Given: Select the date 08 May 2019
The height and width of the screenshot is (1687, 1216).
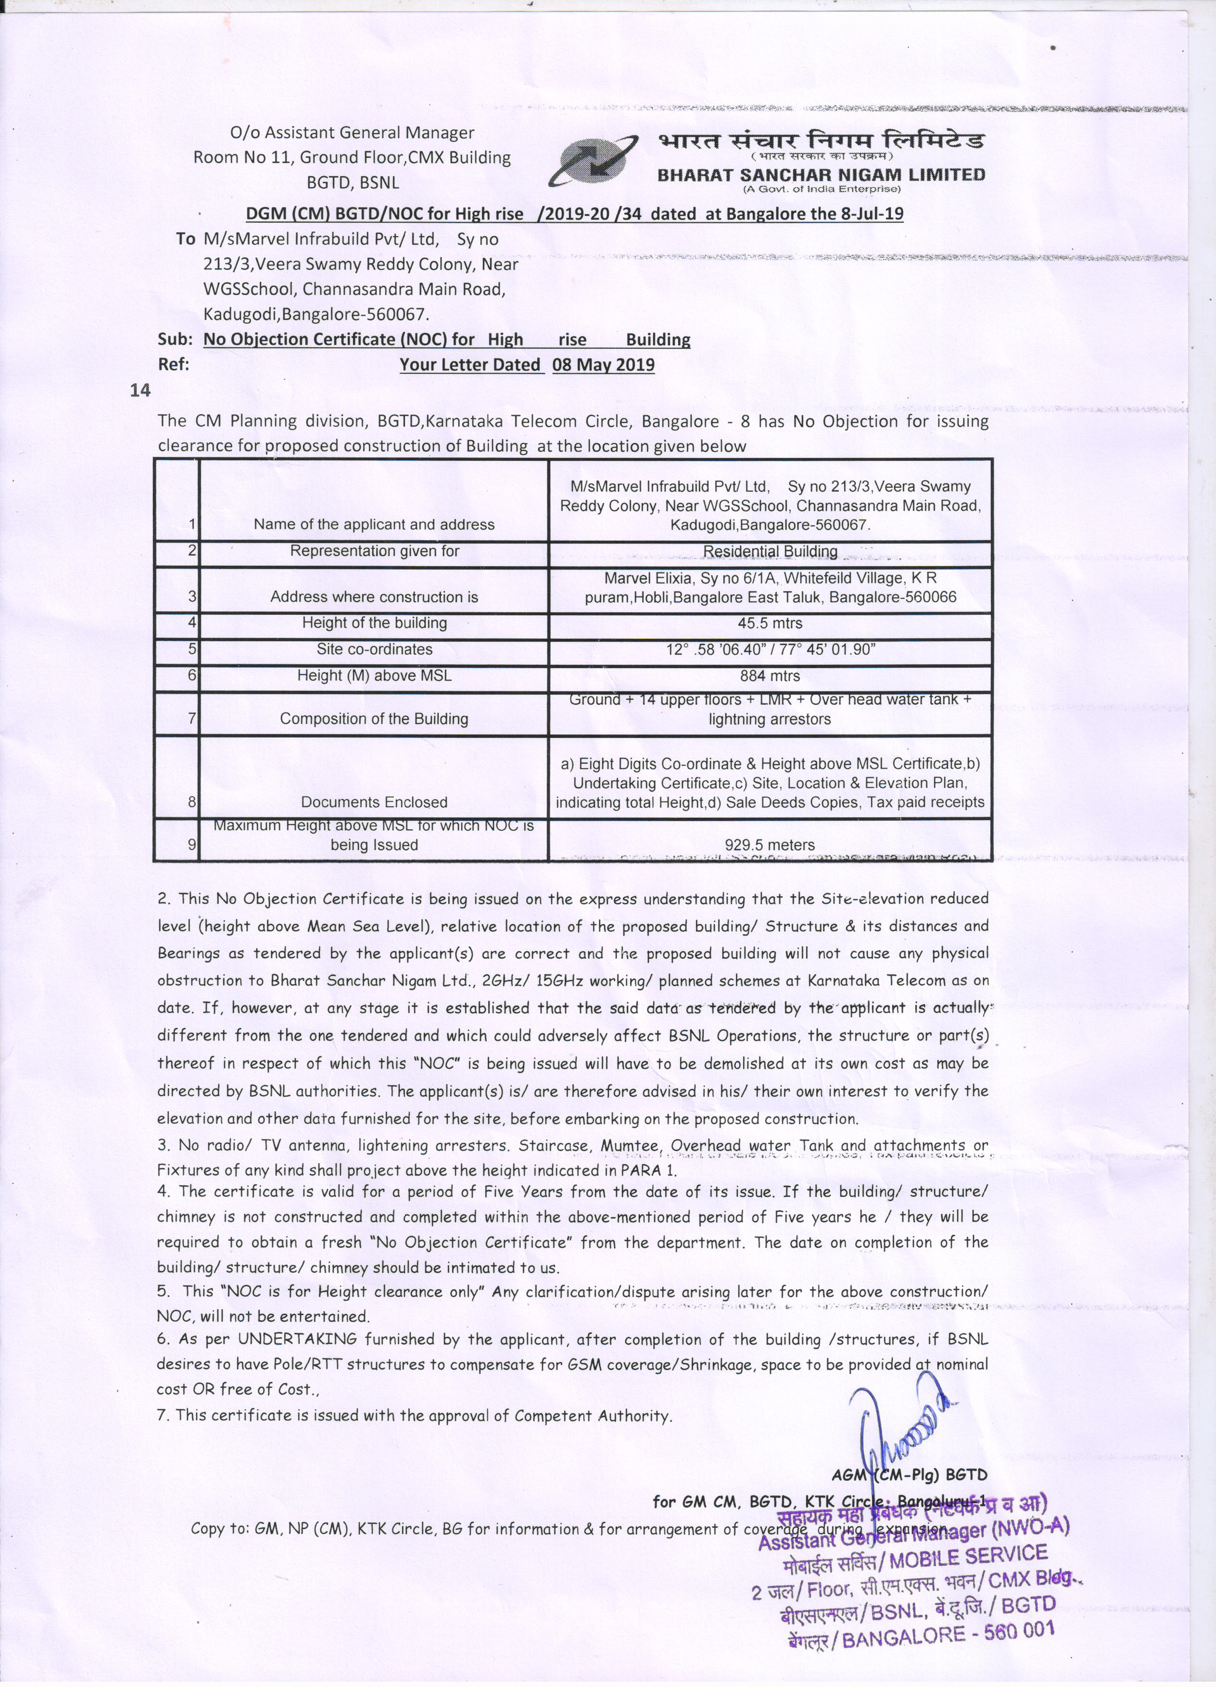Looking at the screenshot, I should (603, 365).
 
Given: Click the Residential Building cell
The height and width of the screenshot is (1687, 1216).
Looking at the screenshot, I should (771, 551).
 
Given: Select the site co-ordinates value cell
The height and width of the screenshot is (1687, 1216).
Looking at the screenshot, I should (771, 649).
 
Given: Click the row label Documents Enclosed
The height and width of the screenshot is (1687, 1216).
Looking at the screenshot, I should (374, 802).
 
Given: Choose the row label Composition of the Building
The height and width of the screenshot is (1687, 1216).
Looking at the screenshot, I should (374, 719).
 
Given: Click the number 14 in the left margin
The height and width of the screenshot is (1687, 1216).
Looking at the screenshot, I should (140, 391).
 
